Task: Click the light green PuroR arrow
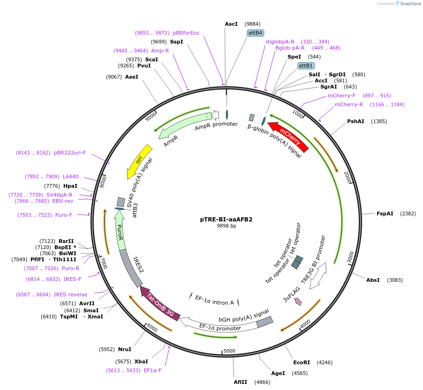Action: [120, 231]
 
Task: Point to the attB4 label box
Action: [255, 33]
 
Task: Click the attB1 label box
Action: [306, 66]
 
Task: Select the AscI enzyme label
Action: [231, 24]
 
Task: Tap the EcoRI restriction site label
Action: [302, 362]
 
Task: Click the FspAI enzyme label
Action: [385, 213]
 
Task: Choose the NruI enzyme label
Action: [124, 349]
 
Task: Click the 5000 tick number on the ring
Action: [229, 351]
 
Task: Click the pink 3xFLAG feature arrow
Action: [298, 302]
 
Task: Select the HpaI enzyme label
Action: [70, 186]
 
